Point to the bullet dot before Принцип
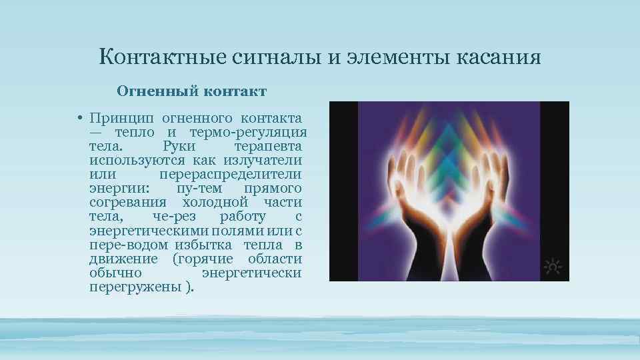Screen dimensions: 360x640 pyautogui.click(x=79, y=117)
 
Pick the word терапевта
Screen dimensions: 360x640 pyautogui.click(x=268, y=146)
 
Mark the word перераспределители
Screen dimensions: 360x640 pyautogui.click(x=231, y=174)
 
